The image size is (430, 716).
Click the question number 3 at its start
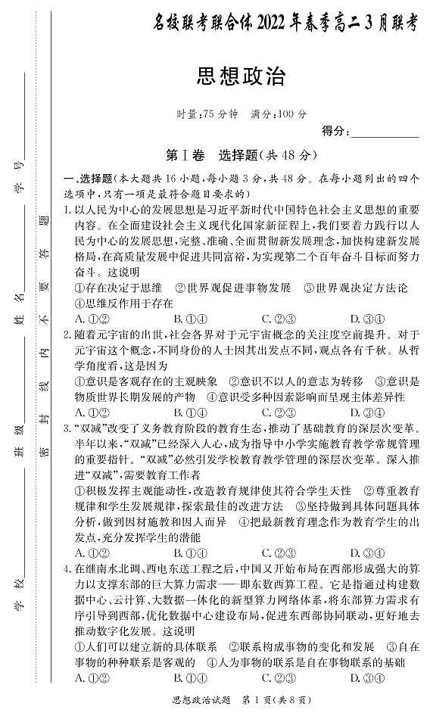tap(67, 428)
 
